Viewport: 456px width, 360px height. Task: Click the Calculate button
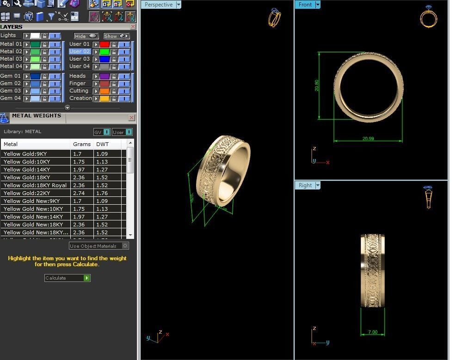pos(67,278)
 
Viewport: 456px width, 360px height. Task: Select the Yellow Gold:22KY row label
pos(26,193)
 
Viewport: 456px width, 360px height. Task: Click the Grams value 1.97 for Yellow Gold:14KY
pos(78,170)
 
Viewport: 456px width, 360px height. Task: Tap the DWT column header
pos(102,144)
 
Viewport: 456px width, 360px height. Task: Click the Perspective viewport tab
pos(158,5)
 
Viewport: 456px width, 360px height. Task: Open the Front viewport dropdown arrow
pos(318,5)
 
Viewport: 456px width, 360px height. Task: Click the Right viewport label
pos(305,185)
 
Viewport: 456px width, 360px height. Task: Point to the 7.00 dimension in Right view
pos(373,332)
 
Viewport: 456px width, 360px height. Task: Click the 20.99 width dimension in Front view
pos(368,139)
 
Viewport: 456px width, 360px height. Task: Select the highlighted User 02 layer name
pos(80,51)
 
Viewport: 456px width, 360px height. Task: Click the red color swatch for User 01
pos(105,44)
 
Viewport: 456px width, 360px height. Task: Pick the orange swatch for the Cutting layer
pos(105,91)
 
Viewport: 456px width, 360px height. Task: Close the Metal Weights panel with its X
pos(131,118)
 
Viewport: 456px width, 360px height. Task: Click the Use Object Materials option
pos(99,246)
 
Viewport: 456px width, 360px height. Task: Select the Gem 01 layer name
pos(10,76)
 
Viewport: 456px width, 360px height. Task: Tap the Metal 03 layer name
pos(11,59)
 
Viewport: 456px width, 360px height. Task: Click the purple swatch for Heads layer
pos(105,76)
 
